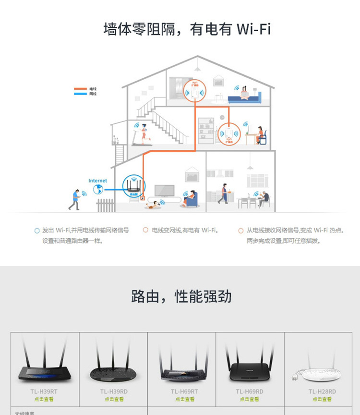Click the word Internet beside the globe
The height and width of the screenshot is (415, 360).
click(x=97, y=181)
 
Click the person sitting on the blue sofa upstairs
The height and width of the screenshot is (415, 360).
click(x=244, y=93)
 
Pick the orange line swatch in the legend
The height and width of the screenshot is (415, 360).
click(x=80, y=89)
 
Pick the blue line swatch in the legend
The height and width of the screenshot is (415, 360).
click(x=80, y=94)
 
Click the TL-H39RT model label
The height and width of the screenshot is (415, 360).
click(x=45, y=392)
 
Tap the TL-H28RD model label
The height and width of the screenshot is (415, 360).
click(x=322, y=392)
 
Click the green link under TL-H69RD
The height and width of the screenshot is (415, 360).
click(x=250, y=399)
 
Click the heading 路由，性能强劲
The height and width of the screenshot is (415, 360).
click(x=181, y=296)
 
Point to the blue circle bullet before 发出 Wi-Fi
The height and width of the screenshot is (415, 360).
click(x=37, y=231)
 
